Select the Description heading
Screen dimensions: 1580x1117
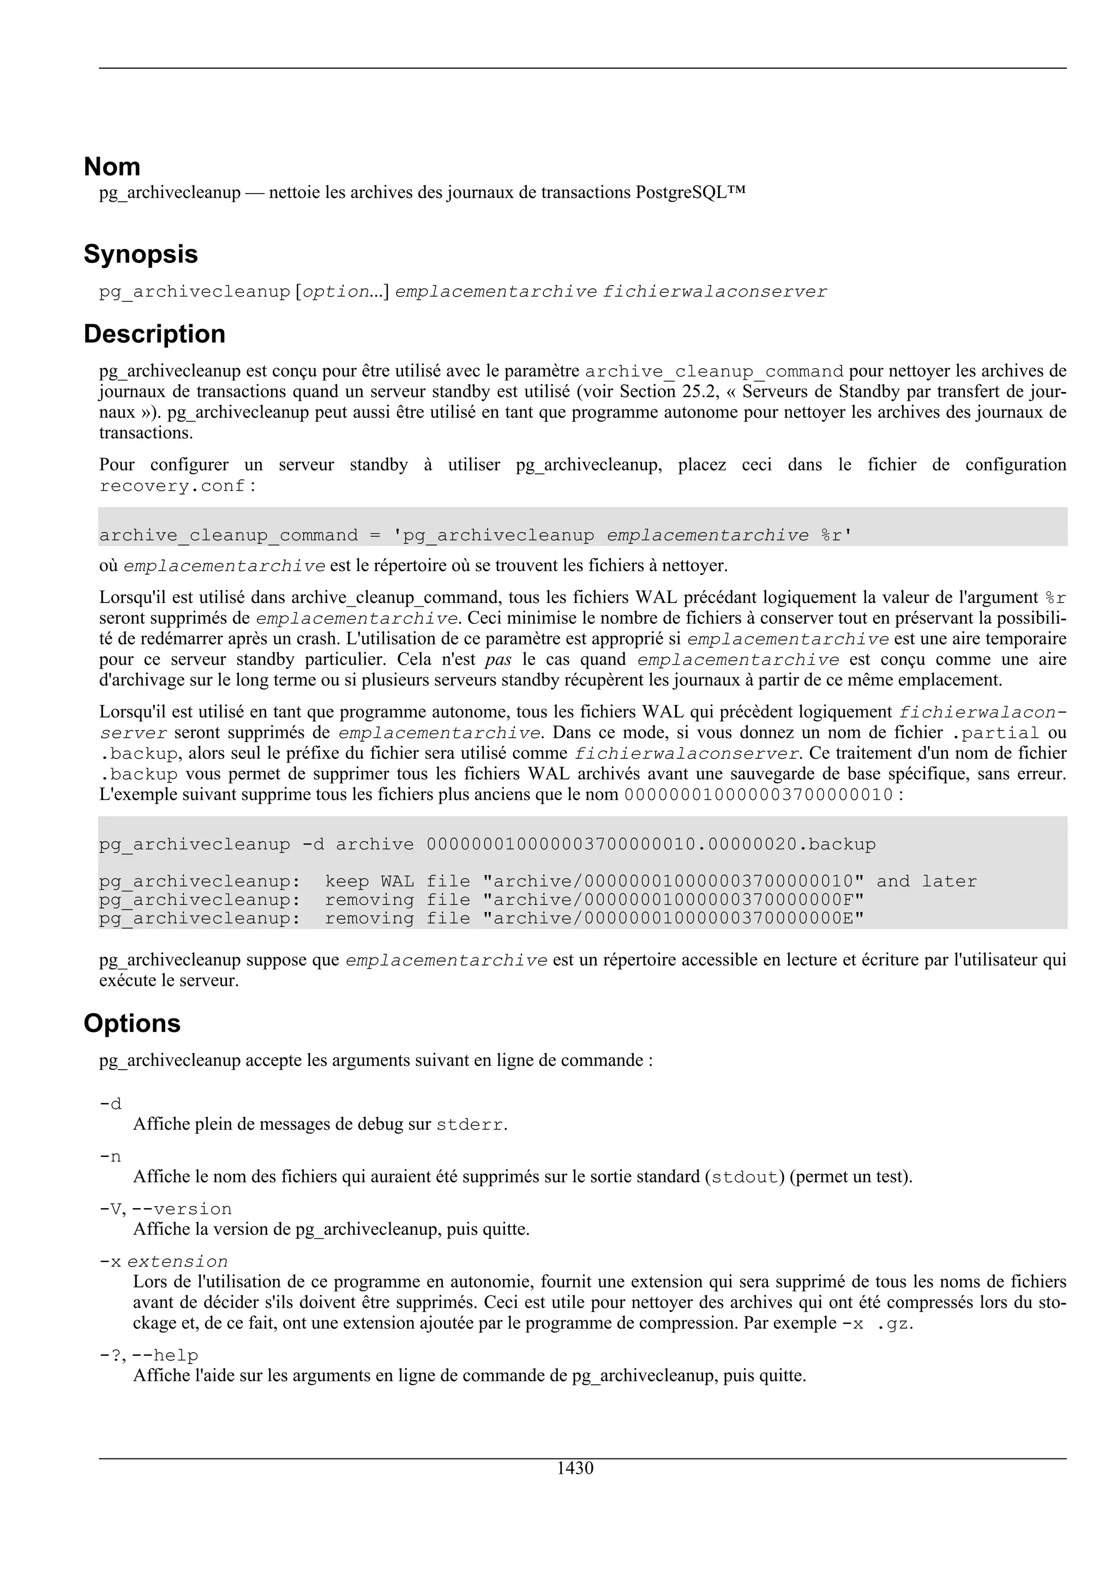click(154, 334)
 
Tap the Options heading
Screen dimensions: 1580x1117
click(131, 1023)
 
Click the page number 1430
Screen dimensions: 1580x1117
click(575, 1469)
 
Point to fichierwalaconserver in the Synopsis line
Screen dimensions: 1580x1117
click(715, 292)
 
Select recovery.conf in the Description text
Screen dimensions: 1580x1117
click(172, 486)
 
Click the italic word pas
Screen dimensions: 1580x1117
click(499, 659)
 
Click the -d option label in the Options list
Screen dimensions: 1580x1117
click(110, 1105)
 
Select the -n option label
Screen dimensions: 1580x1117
click(110, 1157)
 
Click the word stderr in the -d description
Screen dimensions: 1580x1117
click(470, 1125)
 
